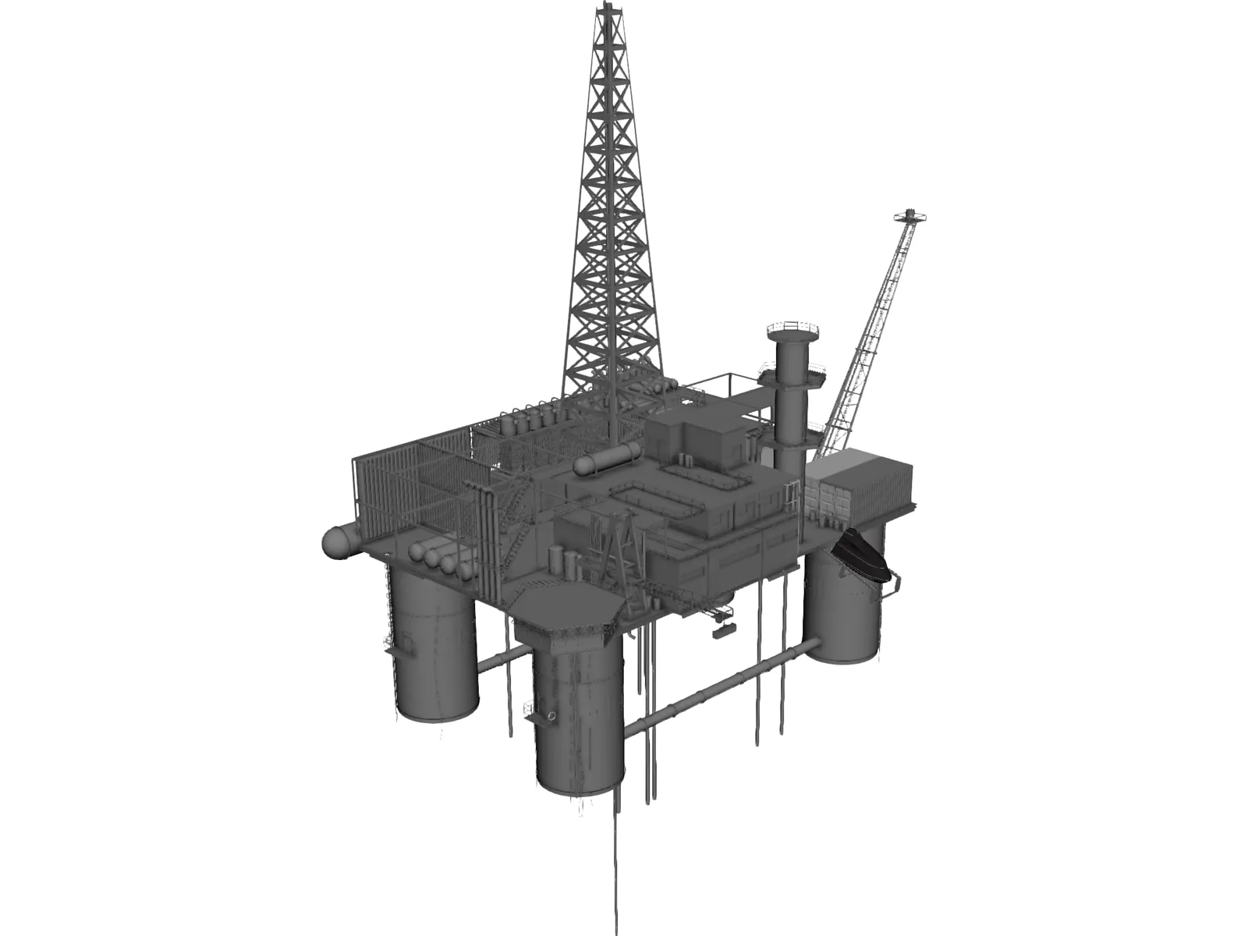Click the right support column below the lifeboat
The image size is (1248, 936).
(x=845, y=616)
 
